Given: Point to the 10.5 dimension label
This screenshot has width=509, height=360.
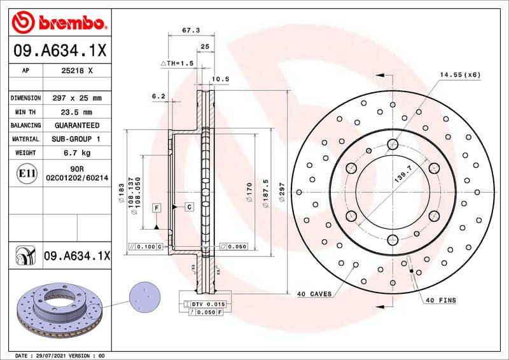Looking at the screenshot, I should pyautogui.click(x=220, y=80).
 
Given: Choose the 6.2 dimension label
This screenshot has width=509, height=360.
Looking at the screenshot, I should pyautogui.click(x=158, y=96).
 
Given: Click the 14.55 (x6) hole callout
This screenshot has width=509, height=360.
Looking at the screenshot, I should pyautogui.click(x=459, y=74).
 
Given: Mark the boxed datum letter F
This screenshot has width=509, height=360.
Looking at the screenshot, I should pyautogui.click(x=155, y=208).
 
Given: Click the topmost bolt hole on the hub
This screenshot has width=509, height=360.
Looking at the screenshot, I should pyautogui.click(x=393, y=144).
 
